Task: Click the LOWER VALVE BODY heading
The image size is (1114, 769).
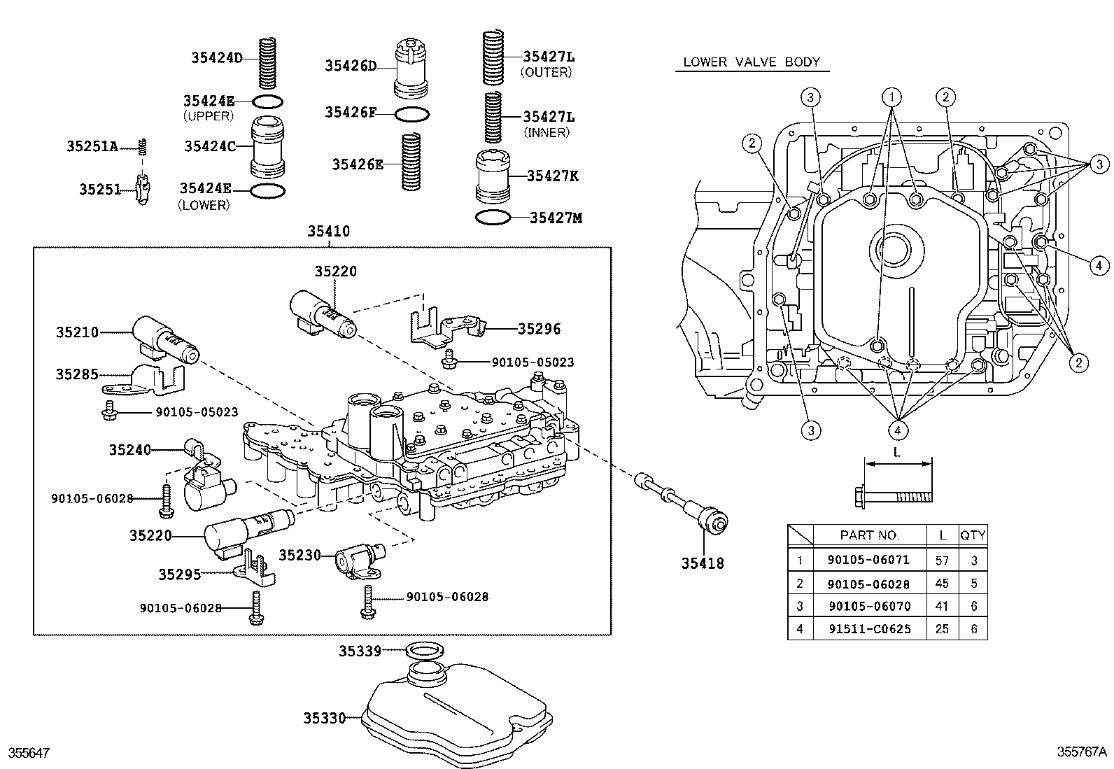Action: coord(751,62)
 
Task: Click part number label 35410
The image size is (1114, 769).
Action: coord(329,232)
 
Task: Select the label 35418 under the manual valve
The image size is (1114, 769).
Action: coord(703,562)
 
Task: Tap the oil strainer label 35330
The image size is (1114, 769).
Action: coord(325,718)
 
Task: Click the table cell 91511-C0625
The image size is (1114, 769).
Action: coord(869,628)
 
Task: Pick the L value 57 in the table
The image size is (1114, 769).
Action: coord(942,560)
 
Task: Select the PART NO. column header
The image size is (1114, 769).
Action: coord(869,535)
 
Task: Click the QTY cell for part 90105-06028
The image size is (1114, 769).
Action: coord(973,583)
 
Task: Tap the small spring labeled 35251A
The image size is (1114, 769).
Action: coord(143,146)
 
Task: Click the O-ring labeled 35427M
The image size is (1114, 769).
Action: coord(493,218)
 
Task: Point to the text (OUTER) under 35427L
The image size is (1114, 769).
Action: coord(547,72)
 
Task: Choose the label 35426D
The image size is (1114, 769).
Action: coord(350,66)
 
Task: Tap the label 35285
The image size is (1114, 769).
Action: coord(77,374)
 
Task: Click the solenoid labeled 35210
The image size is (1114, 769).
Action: coord(164,337)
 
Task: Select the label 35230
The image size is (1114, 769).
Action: coord(299,555)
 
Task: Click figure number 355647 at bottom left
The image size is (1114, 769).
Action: coord(29,753)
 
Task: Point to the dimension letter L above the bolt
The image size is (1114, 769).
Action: coord(897,452)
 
